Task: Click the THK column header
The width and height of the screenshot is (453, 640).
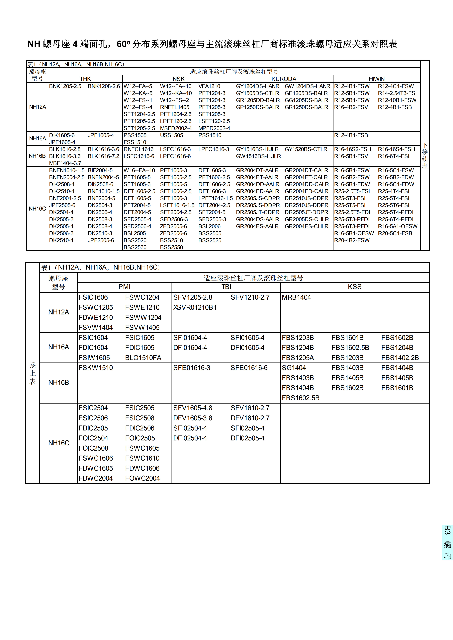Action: tap(85, 79)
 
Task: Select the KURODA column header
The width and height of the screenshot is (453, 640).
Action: tap(284, 79)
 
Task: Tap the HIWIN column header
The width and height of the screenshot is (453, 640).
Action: tap(377, 79)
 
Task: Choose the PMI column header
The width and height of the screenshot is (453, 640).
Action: tap(124, 287)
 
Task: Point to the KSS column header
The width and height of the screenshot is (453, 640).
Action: tap(355, 287)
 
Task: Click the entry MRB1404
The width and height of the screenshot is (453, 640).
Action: tap(296, 297)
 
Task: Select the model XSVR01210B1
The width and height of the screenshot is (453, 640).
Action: tap(195, 307)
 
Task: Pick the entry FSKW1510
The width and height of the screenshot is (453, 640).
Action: tap(96, 368)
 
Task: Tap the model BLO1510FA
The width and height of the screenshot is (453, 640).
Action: tap(143, 358)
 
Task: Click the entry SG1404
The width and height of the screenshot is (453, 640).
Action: tap(294, 368)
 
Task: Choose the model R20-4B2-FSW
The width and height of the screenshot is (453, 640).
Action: tap(352, 240)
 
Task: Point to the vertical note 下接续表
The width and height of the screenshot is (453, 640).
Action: tap(425, 156)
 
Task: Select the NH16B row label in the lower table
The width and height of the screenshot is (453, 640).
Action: tap(59, 383)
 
